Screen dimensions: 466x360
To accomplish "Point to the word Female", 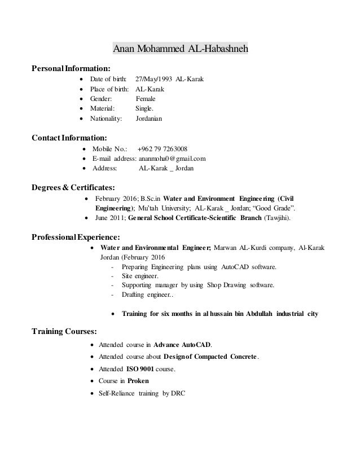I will click(x=146, y=99).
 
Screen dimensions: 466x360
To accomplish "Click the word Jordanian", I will click(x=149, y=119).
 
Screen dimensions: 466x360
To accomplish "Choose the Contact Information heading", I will click(x=69, y=138).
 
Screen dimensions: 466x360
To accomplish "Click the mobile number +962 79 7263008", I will click(x=163, y=149).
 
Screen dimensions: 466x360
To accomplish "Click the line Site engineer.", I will click(x=141, y=276).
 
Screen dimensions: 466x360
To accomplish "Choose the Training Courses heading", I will click(x=64, y=331).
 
